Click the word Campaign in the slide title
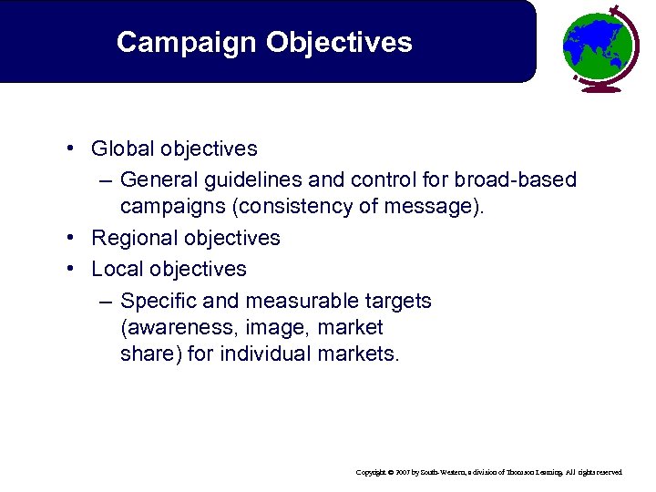(x=173, y=42)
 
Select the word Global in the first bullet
(x=122, y=148)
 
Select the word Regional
(x=133, y=238)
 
